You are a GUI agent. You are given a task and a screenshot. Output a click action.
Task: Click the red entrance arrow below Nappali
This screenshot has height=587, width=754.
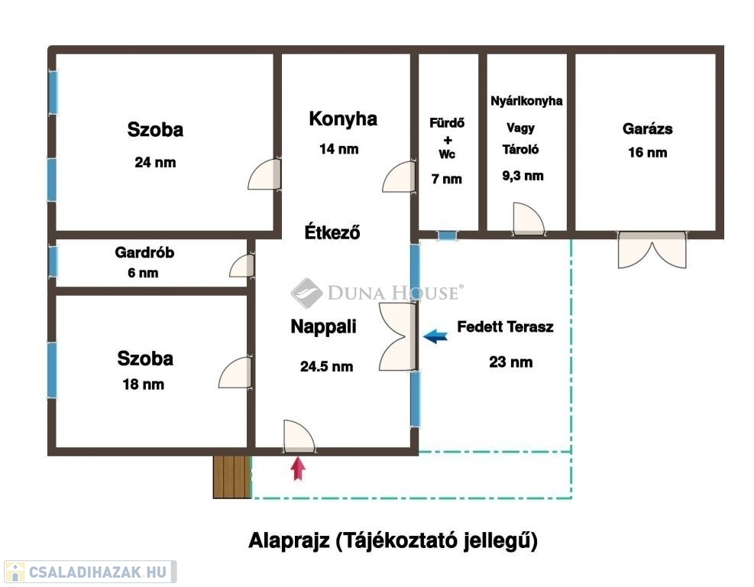point(299,469)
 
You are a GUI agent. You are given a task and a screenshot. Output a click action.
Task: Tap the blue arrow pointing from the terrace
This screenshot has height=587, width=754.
point(435,336)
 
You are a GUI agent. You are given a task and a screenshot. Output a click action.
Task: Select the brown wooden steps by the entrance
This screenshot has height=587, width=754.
point(232,476)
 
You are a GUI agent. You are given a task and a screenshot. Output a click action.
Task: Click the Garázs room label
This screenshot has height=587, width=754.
point(647,129)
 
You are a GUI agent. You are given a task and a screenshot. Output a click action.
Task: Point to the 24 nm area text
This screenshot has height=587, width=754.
point(155,162)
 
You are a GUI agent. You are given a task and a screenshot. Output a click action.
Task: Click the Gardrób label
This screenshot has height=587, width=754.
point(144,252)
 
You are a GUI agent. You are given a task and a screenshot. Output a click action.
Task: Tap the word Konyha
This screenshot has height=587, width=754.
point(343,118)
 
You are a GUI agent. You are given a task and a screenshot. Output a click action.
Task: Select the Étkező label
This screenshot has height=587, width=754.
point(332,232)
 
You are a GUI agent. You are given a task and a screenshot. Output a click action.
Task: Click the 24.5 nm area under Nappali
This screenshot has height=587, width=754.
point(326,367)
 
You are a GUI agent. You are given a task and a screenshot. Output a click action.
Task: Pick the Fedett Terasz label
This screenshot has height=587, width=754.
point(505,326)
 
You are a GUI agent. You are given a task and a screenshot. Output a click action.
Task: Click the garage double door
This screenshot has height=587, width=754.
point(652,250)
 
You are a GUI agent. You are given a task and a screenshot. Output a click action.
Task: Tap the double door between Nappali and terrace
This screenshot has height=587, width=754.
point(398,337)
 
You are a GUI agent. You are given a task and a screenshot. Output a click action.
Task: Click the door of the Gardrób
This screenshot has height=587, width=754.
point(242,265)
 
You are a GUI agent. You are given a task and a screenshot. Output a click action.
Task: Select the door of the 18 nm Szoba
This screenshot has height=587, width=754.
point(235,372)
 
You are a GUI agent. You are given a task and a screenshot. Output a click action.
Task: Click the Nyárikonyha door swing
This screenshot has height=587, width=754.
point(529,219)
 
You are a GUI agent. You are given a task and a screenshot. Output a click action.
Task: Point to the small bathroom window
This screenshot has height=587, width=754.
point(447,235)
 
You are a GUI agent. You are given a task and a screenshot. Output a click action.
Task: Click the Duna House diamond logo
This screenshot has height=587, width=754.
point(306,293)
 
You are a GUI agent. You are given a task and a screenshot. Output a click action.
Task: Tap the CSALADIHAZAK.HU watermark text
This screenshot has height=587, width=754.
point(98,572)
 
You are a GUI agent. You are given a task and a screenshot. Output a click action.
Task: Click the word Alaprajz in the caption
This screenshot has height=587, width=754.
point(289,540)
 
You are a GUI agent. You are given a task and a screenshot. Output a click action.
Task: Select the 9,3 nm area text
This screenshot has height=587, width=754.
point(523,176)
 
